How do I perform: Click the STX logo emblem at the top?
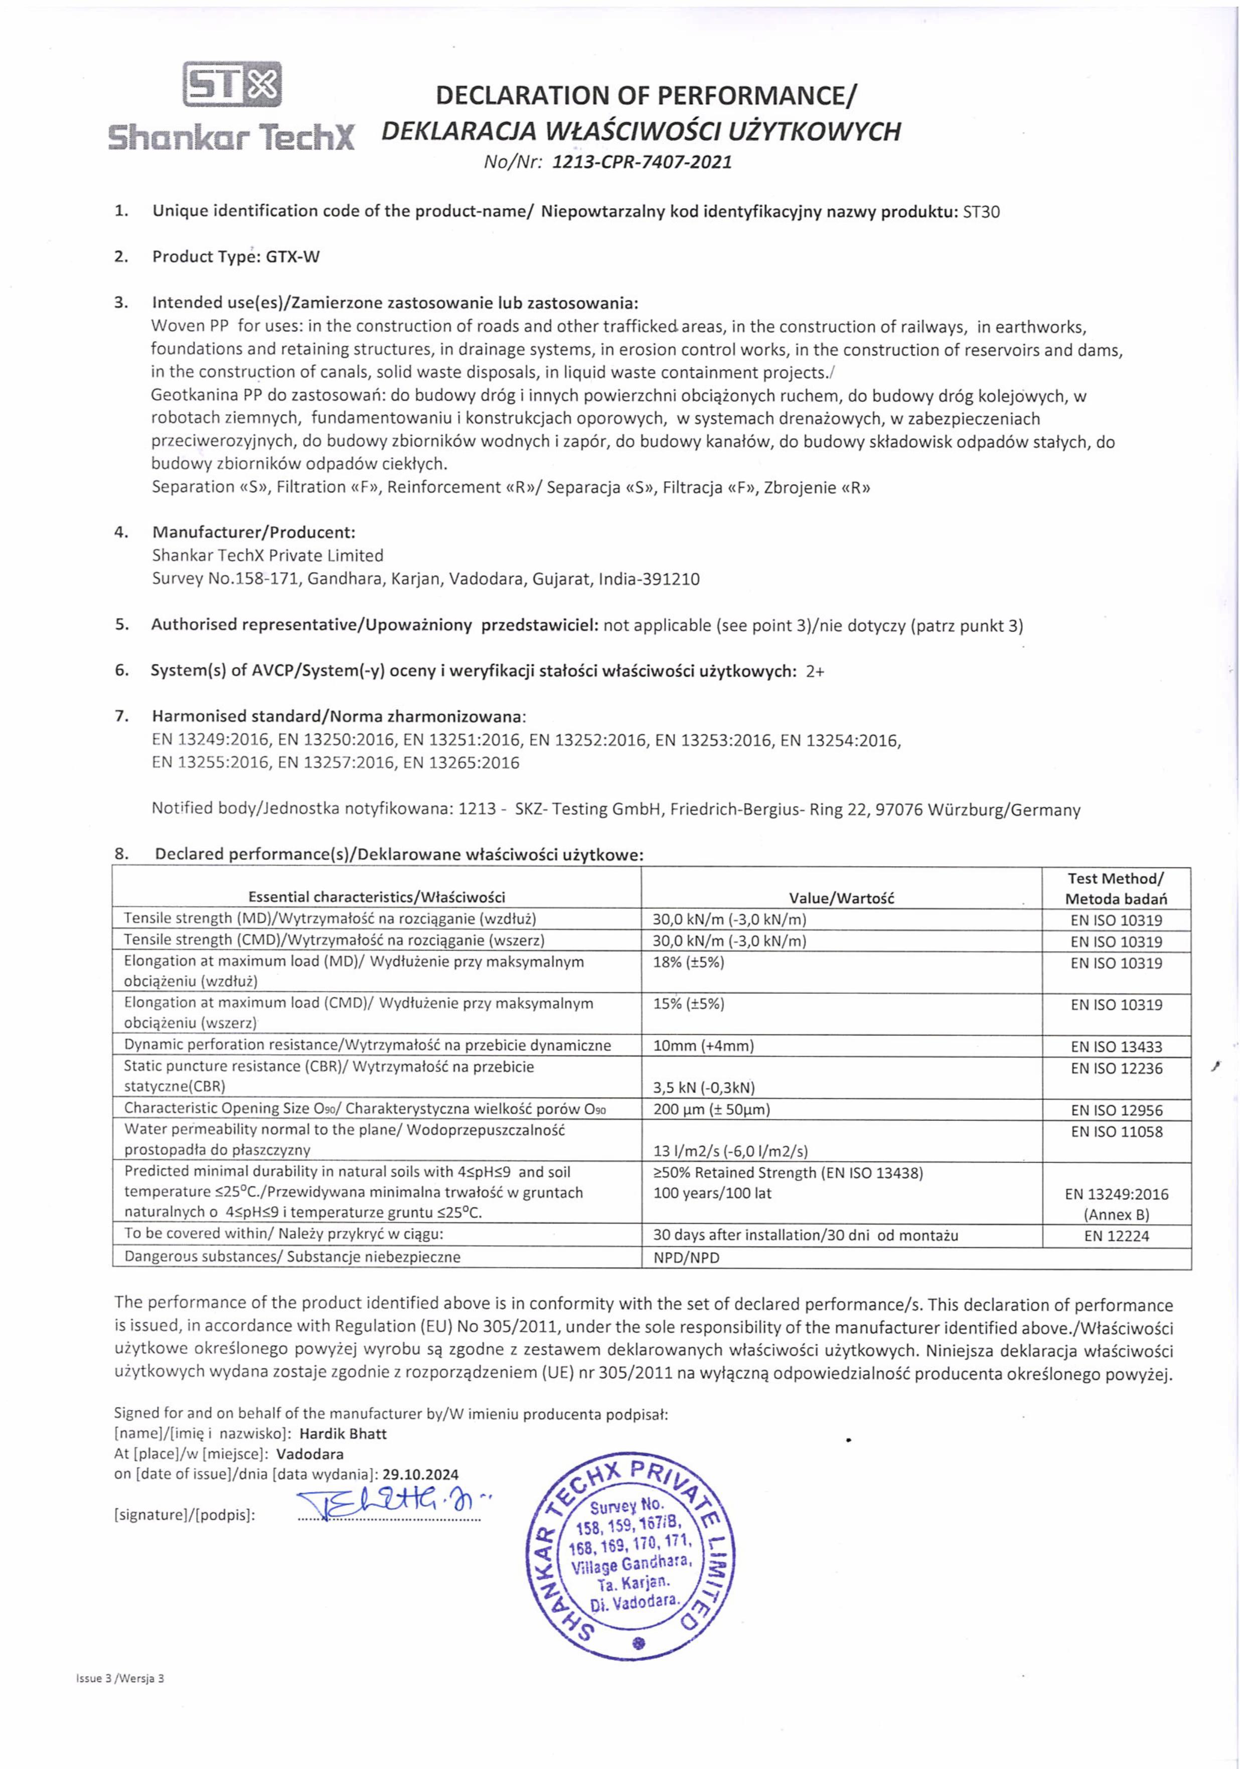pos(232,84)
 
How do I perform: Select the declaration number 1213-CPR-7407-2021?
pos(642,162)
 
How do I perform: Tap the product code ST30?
pos(981,212)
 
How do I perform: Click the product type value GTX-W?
pos(293,257)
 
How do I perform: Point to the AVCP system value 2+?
pos(815,671)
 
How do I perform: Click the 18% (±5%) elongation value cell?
pos(688,962)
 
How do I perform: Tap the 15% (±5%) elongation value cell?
pos(688,1004)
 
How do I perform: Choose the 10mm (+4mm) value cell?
pos(703,1045)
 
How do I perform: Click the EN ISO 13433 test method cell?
pos(1116,1046)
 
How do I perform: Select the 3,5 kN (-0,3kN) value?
pos(704,1088)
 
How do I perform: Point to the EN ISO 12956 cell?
pos(1116,1110)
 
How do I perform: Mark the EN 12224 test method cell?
pos(1116,1236)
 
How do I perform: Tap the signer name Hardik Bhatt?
pos(343,1434)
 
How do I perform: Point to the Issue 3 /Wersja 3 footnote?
pos(120,1679)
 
